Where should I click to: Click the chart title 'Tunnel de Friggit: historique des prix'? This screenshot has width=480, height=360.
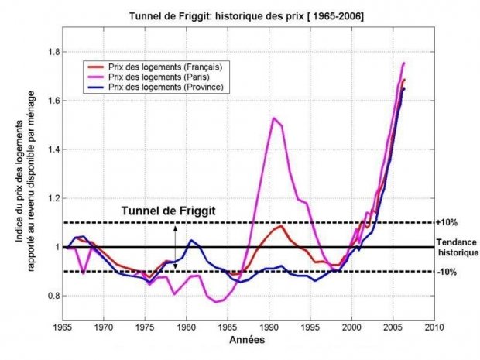click(x=245, y=15)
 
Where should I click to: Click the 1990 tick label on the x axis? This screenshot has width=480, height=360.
click(x=269, y=327)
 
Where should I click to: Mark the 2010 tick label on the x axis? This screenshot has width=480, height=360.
click(x=434, y=327)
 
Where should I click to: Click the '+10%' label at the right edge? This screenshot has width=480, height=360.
click(x=447, y=223)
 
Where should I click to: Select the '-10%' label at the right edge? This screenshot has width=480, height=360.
click(x=447, y=272)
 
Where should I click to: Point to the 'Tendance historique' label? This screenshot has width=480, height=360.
click(x=456, y=247)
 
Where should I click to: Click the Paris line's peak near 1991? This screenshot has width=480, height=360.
click(x=273, y=118)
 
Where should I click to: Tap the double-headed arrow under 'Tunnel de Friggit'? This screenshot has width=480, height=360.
click(x=175, y=247)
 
